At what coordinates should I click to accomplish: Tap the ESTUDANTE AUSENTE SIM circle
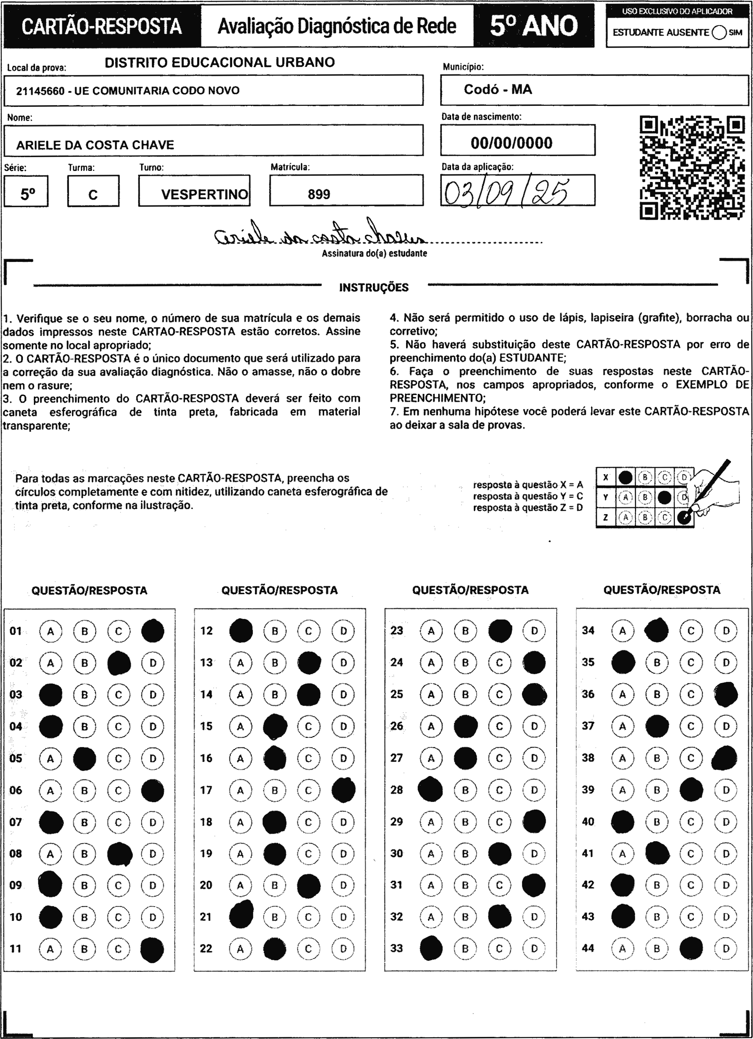[x=719, y=33]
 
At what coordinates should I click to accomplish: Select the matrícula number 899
[x=319, y=194]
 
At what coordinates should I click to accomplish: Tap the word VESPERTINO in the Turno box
[x=205, y=194]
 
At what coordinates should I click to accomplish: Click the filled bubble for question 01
[x=152, y=631]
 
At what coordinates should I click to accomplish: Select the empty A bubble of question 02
[x=50, y=663]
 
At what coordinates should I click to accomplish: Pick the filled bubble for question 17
[x=343, y=790]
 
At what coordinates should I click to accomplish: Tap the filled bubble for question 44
[x=691, y=948]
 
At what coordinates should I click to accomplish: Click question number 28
[x=397, y=790]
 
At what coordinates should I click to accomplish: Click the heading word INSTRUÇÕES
[x=373, y=288]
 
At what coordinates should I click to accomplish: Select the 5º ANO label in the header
[x=534, y=26]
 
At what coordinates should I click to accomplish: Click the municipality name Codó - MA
[x=498, y=89]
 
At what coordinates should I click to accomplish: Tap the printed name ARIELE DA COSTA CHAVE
[x=95, y=145]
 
